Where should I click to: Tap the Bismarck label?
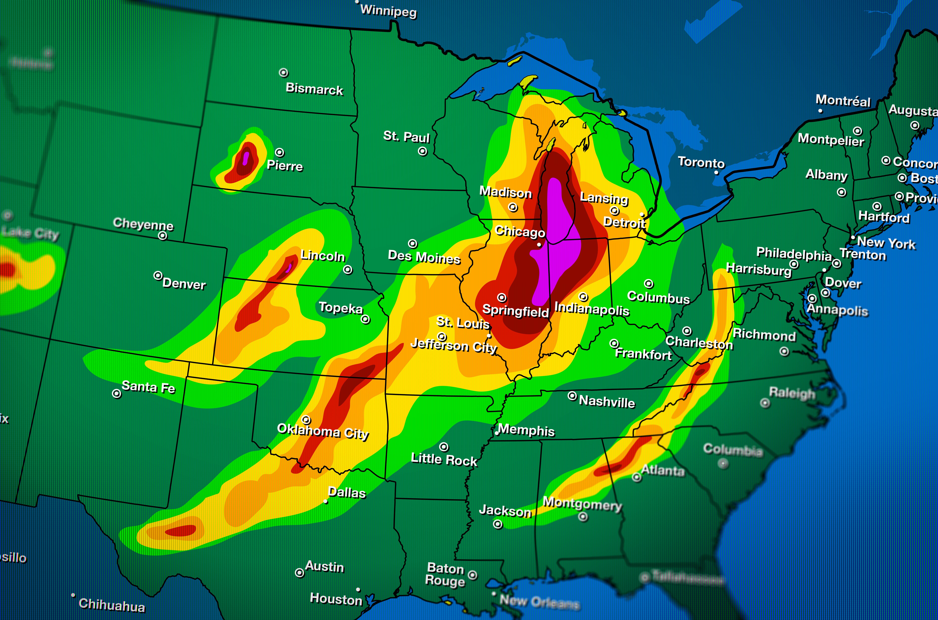tap(314, 89)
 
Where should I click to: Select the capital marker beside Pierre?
tap(279, 152)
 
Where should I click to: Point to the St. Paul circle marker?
tap(423, 151)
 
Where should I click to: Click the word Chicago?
tap(520, 231)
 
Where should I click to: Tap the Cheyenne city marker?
tap(162, 236)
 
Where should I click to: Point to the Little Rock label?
tap(444, 459)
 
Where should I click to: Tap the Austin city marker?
tap(300, 573)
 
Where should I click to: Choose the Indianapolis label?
tap(592, 308)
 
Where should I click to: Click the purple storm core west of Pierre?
tap(246, 158)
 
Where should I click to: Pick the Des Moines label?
tap(424, 257)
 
